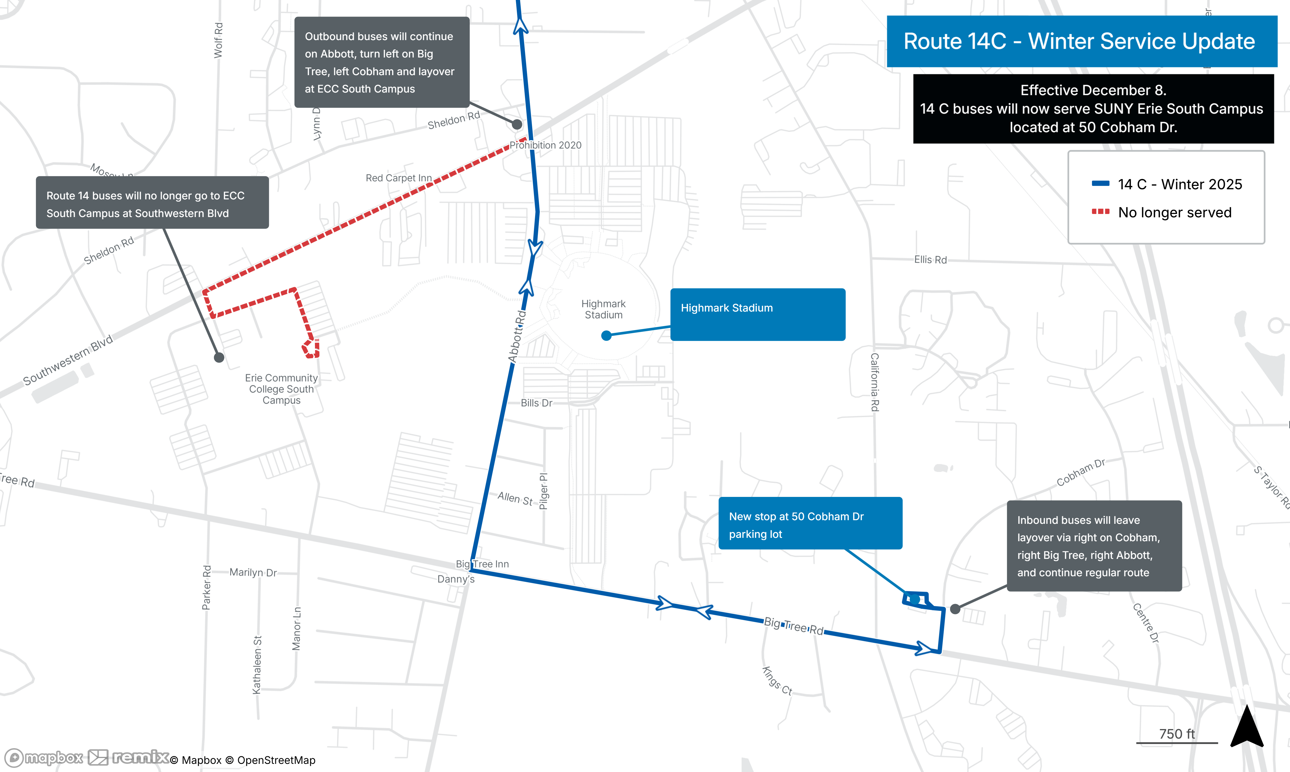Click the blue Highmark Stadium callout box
757,314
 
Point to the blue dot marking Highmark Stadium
606,336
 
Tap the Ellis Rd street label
930,260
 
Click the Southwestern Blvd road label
68,360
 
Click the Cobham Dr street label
1080,472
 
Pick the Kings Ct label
777,680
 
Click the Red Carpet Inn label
398,178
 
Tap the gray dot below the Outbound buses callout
517,124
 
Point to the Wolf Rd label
218,40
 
